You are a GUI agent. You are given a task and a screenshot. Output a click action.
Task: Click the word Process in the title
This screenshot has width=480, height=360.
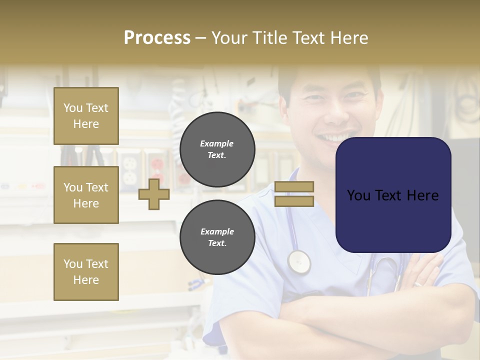[157, 38]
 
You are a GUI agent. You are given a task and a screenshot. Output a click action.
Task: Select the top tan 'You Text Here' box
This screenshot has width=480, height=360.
[86, 116]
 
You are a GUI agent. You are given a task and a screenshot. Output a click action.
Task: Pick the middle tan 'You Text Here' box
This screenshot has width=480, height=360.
[86, 195]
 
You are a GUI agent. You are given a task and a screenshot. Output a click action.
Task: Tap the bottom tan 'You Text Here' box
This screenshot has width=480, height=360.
[86, 271]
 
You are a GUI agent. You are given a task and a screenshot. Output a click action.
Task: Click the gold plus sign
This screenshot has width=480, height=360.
[154, 194]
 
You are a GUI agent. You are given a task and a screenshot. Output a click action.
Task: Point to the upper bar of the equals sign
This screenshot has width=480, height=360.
[294, 186]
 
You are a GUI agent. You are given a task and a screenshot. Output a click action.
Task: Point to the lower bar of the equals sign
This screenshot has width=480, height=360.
[294, 201]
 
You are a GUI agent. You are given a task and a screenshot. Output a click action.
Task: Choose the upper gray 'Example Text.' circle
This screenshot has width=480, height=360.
[217, 149]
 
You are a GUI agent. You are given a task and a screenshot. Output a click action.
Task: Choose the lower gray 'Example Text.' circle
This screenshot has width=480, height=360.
[217, 237]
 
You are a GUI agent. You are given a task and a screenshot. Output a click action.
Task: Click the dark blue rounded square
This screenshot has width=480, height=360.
[393, 195]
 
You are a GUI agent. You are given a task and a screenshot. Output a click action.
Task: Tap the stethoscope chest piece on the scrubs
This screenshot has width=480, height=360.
[298, 261]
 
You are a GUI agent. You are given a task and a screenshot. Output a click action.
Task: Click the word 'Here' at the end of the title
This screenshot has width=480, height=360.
[349, 38]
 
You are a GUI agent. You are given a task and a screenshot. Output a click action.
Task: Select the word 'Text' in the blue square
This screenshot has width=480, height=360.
[392, 195]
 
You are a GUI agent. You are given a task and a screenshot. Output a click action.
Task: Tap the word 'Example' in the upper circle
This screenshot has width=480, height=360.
[217, 143]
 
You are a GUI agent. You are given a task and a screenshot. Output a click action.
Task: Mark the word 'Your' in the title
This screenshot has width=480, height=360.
[228, 38]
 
